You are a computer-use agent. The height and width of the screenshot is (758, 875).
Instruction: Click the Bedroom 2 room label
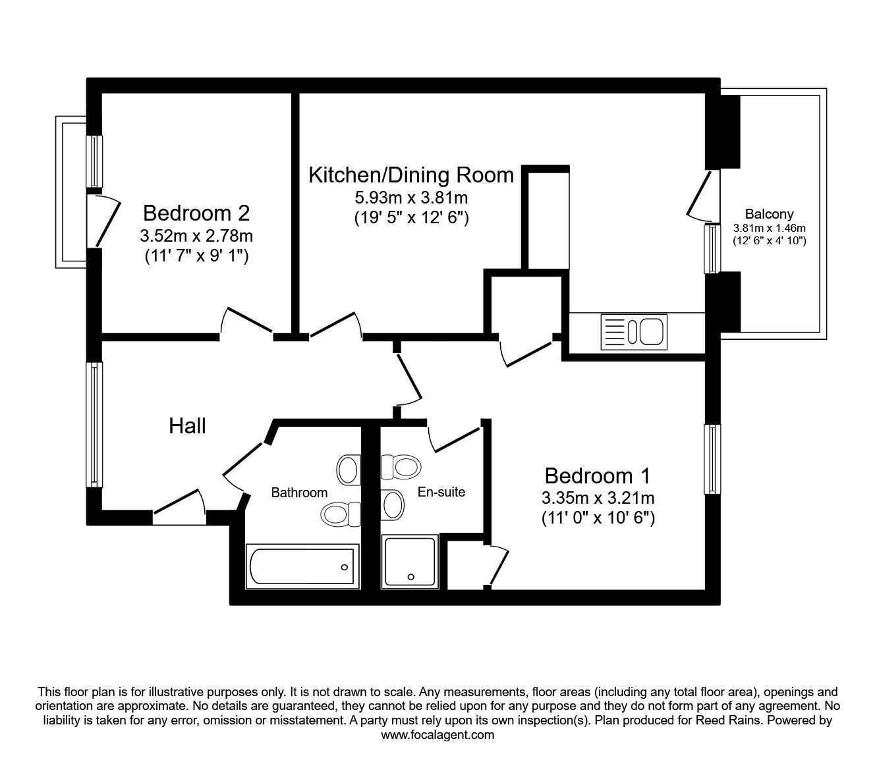tap(196, 213)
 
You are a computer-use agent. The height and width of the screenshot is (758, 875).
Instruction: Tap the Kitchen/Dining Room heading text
tap(411, 175)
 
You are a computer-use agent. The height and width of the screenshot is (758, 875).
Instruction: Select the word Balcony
tap(769, 214)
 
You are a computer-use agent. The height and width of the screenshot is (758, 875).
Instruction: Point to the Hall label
tap(187, 426)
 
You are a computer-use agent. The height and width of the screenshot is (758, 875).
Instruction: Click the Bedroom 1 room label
tap(598, 475)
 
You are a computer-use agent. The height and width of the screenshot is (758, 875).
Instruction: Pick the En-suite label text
tap(441, 492)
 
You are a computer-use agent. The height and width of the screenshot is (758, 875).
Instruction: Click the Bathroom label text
tap(299, 493)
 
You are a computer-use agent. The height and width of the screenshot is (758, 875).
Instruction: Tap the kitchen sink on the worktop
tap(633, 331)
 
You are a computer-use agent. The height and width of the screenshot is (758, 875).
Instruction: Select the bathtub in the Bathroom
tap(302, 566)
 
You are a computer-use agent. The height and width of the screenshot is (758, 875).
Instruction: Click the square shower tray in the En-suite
tap(410, 561)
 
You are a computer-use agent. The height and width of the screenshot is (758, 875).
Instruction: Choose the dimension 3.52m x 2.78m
tap(196, 236)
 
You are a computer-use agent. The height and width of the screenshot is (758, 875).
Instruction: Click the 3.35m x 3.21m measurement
tap(598, 497)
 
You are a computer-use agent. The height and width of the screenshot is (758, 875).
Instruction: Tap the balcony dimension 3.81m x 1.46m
tap(769, 229)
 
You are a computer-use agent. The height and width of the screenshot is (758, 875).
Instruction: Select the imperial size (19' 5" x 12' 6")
tap(411, 217)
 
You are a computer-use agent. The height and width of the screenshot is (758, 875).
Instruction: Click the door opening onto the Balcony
tap(700, 195)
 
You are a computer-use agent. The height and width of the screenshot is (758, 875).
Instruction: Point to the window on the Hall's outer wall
tap(95, 425)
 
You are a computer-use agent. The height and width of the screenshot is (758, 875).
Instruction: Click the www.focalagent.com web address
tap(437, 735)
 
